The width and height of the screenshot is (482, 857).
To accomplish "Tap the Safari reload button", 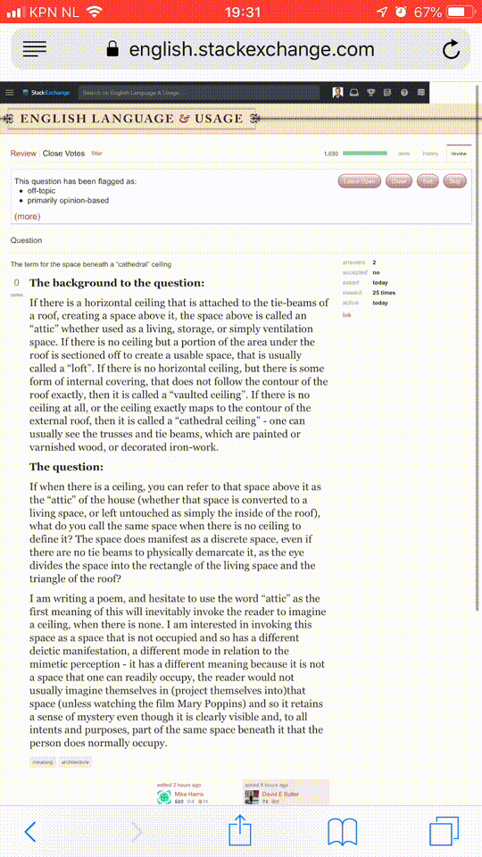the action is (451, 49).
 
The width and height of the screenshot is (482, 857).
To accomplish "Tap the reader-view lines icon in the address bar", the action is (34, 49).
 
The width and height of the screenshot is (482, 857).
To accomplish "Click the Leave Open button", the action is (360, 181).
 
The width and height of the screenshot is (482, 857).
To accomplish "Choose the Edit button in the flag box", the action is (428, 181).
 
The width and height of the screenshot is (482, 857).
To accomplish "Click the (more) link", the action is (27, 216).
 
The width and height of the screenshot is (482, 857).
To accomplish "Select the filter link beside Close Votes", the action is (97, 154).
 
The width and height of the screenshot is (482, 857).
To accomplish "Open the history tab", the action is (430, 154).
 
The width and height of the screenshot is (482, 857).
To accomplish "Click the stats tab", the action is (403, 154).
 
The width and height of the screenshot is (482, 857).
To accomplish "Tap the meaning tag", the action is (43, 762).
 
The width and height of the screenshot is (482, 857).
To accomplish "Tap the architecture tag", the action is (75, 762).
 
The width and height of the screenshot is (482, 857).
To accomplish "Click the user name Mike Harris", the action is (188, 794).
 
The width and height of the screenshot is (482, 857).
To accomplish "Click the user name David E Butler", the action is (280, 794).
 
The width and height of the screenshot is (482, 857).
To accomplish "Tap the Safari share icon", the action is (240, 831).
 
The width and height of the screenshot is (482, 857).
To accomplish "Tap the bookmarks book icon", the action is (342, 831).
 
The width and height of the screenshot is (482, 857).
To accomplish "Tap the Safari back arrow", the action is (30, 831).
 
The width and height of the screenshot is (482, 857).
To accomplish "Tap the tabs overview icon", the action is (444, 831).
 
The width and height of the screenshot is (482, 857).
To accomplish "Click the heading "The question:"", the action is (66, 467).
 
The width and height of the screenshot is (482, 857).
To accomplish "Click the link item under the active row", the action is (347, 315).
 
